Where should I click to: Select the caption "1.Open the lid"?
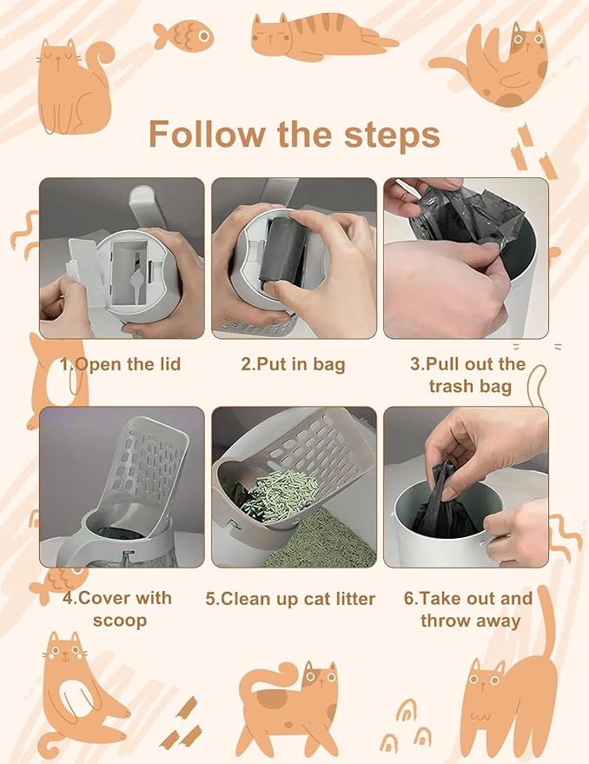[121, 364]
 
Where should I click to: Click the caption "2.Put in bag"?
[293, 364]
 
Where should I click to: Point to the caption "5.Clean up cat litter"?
[290, 599]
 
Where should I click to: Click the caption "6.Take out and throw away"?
[469, 609]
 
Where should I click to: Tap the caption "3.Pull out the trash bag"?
[467, 375]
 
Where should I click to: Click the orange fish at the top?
[183, 36]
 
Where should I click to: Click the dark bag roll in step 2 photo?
[283, 251]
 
